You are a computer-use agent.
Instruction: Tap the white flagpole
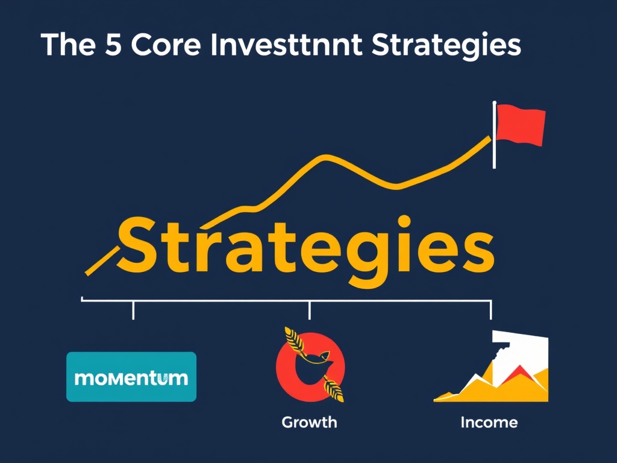pyautogui.click(x=495, y=136)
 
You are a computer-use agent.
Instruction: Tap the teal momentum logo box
pyautogui.click(x=131, y=377)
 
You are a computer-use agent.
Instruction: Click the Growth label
pyautogui.click(x=309, y=422)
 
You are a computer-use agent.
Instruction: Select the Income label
pyautogui.click(x=489, y=422)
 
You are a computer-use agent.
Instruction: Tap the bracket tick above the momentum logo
pyautogui.click(x=133, y=310)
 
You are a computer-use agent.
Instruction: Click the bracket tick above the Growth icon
pyautogui.click(x=309, y=310)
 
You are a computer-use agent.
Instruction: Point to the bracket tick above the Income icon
pyautogui.click(x=490, y=310)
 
